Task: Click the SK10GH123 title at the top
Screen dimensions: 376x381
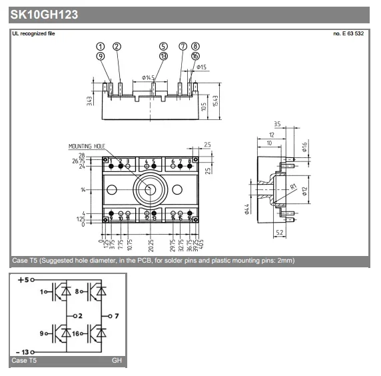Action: [44, 14]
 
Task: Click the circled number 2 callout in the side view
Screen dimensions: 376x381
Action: [117, 47]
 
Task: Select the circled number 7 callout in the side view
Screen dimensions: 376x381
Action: [183, 47]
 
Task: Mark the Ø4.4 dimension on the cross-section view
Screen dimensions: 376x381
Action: [246, 210]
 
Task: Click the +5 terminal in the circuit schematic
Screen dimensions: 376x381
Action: [24, 280]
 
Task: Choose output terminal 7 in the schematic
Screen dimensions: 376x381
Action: [115, 315]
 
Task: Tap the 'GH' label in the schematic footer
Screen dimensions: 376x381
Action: [117, 361]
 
